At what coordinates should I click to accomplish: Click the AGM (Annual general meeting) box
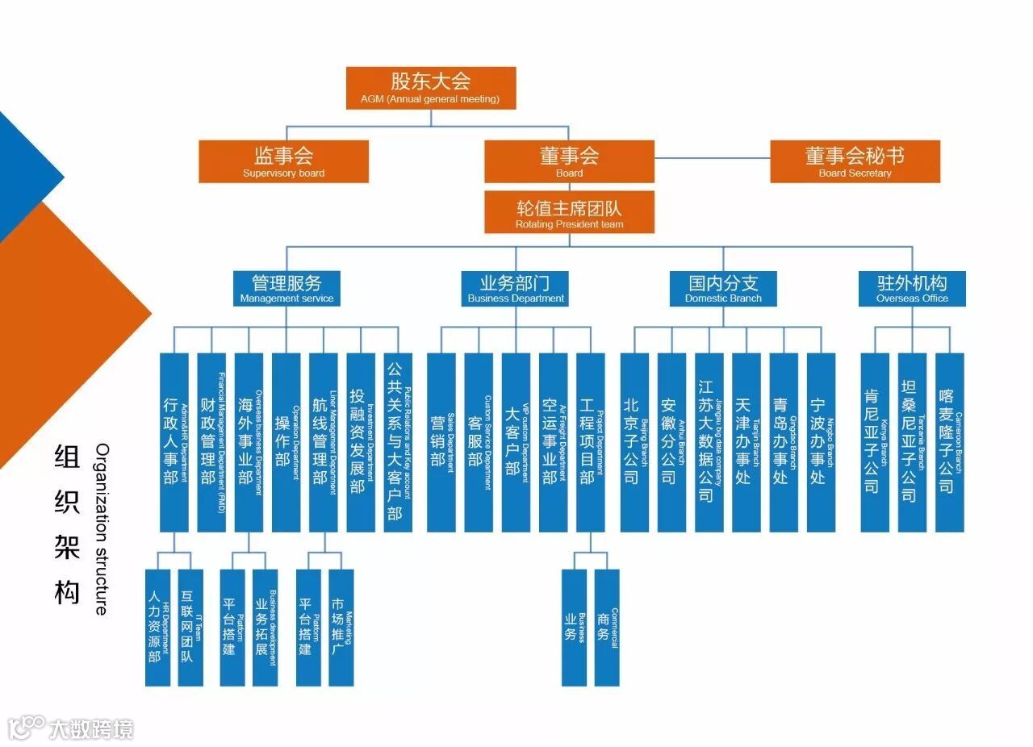pos(431,88)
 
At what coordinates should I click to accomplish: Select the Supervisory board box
pos(283,161)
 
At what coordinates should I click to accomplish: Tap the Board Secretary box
pos(855,161)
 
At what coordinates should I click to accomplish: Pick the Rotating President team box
pos(569,212)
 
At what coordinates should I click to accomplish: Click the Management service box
pos(286,288)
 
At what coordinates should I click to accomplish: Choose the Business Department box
pos(516,288)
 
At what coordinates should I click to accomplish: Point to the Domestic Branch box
pos(723,288)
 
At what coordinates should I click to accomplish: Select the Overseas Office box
pos(912,288)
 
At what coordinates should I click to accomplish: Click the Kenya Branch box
pos(875,442)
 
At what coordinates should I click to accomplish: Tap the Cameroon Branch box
pos(950,442)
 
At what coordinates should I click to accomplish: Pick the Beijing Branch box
pos(634,442)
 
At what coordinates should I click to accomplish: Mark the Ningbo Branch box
pos(821,442)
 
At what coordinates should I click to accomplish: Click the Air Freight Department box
pos(553,442)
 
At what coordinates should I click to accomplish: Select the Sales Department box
pos(441,442)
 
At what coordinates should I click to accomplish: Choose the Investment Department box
pos(361,442)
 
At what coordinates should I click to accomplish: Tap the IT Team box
pos(190,628)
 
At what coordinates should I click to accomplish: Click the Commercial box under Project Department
pos(607,628)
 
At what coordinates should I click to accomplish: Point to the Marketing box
pos(341,628)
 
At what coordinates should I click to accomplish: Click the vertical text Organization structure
pos(101,528)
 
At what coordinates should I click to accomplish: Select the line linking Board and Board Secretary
pos(712,159)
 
